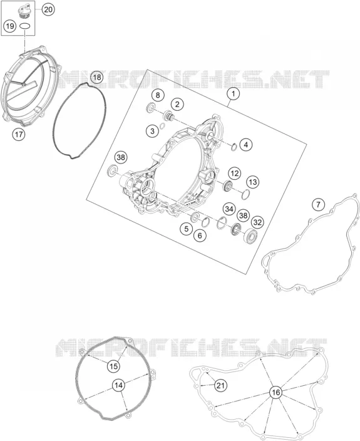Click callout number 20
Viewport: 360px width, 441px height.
[48, 9]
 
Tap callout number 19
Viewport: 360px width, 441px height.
[10, 26]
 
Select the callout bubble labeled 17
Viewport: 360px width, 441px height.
[19, 135]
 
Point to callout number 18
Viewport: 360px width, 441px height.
[96, 77]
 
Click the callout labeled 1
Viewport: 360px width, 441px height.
[234, 94]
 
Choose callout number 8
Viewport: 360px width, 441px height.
[158, 95]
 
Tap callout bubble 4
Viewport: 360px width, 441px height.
[246, 145]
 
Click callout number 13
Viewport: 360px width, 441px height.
[253, 182]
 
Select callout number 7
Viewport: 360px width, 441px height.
[318, 204]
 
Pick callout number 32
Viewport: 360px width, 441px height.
[257, 222]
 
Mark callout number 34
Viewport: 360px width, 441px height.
[229, 209]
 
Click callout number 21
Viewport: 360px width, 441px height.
[220, 385]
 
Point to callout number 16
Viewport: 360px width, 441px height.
[276, 392]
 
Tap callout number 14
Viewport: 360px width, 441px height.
[118, 385]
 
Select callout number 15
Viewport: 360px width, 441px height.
[113, 366]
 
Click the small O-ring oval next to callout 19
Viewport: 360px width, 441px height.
[25, 26]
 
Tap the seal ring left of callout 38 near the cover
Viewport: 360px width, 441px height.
[113, 171]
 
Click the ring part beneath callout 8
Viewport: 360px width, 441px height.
[151, 108]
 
